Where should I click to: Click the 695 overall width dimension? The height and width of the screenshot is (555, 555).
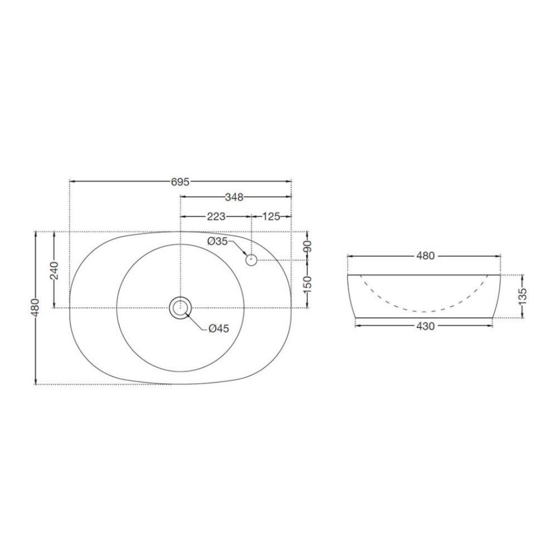coord(180,182)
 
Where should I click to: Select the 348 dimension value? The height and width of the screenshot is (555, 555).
coord(234,197)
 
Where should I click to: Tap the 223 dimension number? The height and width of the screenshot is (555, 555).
coord(216,216)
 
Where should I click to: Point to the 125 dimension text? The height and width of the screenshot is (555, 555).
coord(271,216)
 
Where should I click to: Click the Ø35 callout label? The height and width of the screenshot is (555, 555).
coord(218,241)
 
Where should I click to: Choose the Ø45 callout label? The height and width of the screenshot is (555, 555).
coord(219,329)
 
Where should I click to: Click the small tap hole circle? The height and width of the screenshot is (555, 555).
coord(251,260)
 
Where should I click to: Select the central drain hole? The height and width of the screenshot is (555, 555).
coord(180,308)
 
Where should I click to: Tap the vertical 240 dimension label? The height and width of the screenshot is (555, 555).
coord(54,270)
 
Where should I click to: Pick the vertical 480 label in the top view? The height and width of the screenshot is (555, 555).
coord(35,308)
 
